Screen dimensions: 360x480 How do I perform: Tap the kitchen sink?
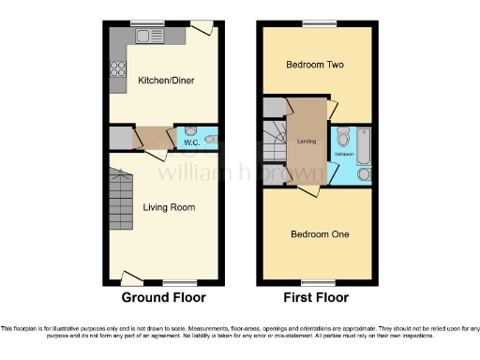coord(146,37)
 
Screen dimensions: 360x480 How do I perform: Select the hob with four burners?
coord(119,68)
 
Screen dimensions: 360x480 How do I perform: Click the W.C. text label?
coord(190,142)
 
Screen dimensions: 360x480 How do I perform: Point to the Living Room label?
coord(169,206)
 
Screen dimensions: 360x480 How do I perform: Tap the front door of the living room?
coord(132,277)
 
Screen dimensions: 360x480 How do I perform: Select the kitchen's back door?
coord(201,28)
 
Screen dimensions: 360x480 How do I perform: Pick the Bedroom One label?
coord(319,233)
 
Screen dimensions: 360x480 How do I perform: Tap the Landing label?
coord(306,142)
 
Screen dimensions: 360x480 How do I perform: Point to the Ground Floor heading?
coord(164,297)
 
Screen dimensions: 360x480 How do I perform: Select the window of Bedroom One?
coord(313,281)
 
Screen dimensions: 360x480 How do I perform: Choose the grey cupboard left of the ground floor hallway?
coord(121,138)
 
